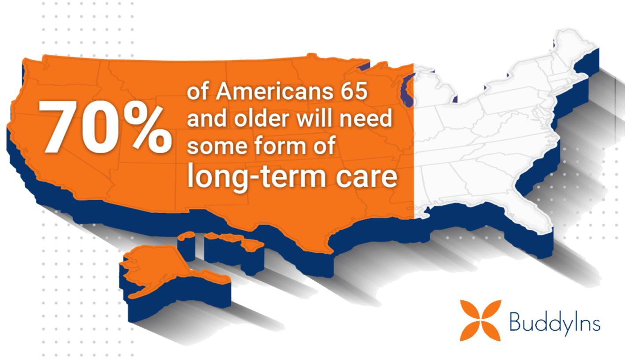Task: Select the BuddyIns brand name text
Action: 555,323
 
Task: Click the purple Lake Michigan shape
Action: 407,90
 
